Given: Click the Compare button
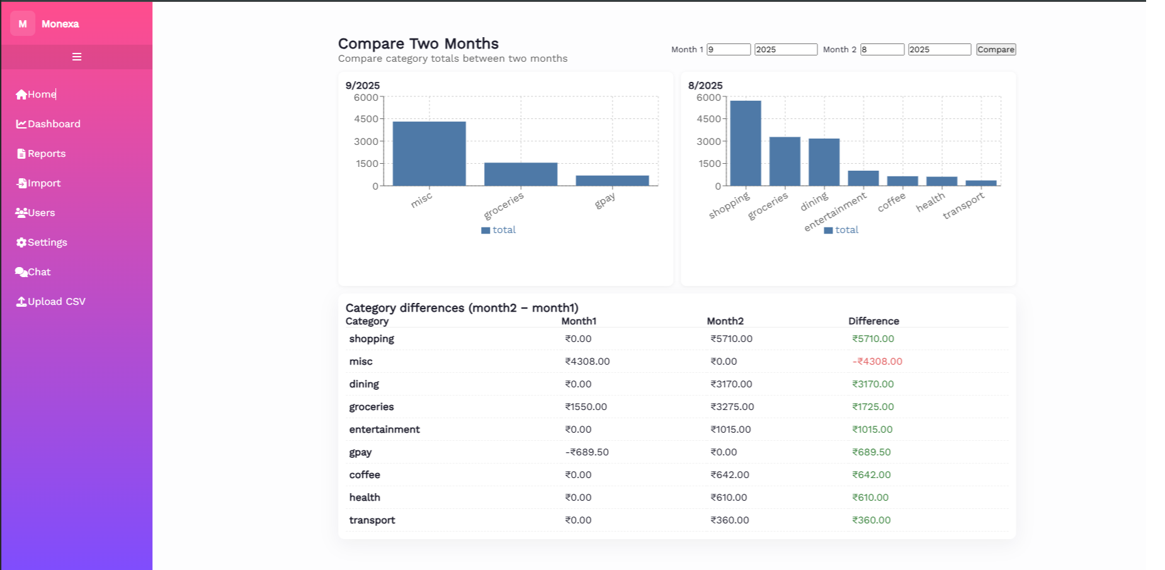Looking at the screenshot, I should click(996, 50).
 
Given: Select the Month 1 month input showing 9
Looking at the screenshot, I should click(728, 50).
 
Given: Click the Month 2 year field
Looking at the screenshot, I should click(939, 50).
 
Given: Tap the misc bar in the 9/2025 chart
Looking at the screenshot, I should click(429, 154).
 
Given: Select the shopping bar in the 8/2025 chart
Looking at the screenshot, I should click(746, 143).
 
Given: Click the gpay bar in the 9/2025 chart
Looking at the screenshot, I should click(612, 181).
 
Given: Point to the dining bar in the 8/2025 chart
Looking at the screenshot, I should click(824, 162).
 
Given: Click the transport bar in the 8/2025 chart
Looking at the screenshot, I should click(981, 183).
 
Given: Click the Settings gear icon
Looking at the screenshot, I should click(21, 242).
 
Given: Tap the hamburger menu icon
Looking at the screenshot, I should click(77, 57).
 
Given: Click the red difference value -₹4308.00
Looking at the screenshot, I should click(877, 362).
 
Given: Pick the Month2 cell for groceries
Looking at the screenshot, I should click(732, 407).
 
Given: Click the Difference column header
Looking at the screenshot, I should click(873, 321).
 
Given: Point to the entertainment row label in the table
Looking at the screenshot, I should click(384, 430).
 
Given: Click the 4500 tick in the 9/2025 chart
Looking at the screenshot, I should click(366, 119).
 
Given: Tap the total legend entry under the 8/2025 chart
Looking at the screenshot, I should click(841, 230).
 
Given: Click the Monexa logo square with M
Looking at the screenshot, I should click(23, 24).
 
